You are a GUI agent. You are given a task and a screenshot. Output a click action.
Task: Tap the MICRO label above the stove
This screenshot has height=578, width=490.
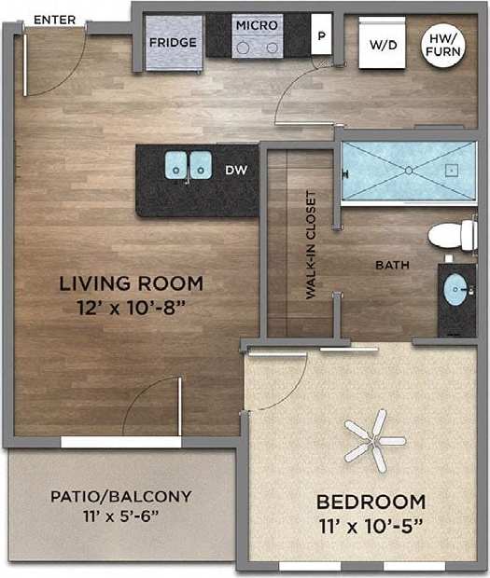256,26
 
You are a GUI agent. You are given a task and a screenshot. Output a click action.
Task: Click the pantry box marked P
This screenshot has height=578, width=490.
322,37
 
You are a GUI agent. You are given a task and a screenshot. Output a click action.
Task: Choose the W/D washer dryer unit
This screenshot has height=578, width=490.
382,44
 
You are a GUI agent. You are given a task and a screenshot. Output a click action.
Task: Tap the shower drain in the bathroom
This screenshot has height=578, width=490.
408,170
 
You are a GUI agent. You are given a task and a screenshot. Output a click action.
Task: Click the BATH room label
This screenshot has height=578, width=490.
392,266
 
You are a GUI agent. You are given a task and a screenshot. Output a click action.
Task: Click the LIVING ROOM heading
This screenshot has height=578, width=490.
131,282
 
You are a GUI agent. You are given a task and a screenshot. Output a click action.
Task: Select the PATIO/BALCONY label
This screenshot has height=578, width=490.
120,496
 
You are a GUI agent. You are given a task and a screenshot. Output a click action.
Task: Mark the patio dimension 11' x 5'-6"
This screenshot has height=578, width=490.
120,515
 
